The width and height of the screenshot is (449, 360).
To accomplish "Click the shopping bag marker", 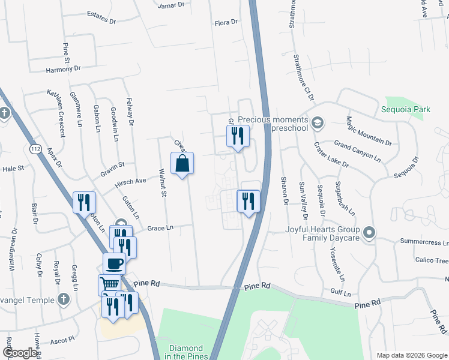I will click(x=182, y=163).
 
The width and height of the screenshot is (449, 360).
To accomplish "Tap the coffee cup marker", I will click(x=113, y=263).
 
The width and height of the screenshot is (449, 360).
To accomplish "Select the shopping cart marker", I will click(x=109, y=284).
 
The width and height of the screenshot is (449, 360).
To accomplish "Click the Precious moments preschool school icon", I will click(x=318, y=124).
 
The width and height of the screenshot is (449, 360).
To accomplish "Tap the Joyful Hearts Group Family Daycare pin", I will click(x=369, y=232).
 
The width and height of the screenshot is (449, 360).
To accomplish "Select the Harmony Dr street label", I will click(x=63, y=70).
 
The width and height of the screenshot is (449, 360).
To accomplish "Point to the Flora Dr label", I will click(x=226, y=23).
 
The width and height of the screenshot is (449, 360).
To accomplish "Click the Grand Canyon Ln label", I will click(x=357, y=152).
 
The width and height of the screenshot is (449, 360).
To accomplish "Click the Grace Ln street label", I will click(x=160, y=228).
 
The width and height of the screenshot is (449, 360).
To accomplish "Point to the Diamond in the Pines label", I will click(x=187, y=352).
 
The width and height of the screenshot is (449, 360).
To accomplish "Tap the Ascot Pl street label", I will click(x=62, y=339).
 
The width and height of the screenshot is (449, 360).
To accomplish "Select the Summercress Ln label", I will click(x=424, y=242).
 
